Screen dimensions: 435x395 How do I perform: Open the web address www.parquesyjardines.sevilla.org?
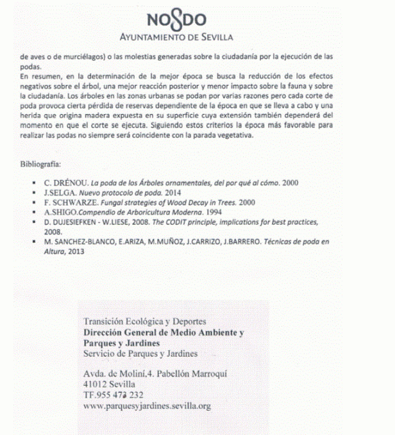[x=147, y=406]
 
